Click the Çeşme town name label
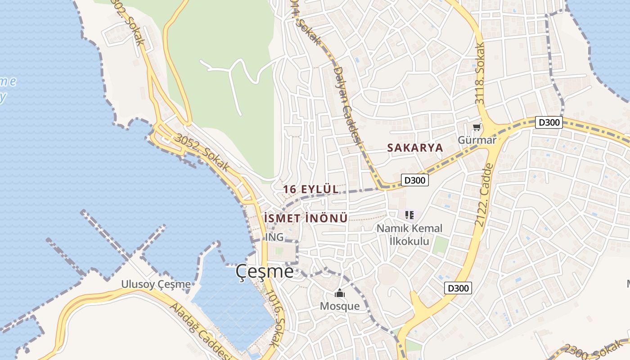coord(265,272)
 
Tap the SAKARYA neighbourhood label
coord(415,148)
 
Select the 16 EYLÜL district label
coord(311,189)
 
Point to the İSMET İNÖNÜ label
coord(306,219)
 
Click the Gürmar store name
coord(477,140)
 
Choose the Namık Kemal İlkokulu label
coord(409,234)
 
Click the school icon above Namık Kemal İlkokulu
coord(409,215)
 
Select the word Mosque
coord(340,306)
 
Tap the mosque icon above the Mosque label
coord(340,294)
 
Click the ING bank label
coord(274,237)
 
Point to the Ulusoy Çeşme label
coord(156,284)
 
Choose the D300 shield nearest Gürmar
coord(549,122)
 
